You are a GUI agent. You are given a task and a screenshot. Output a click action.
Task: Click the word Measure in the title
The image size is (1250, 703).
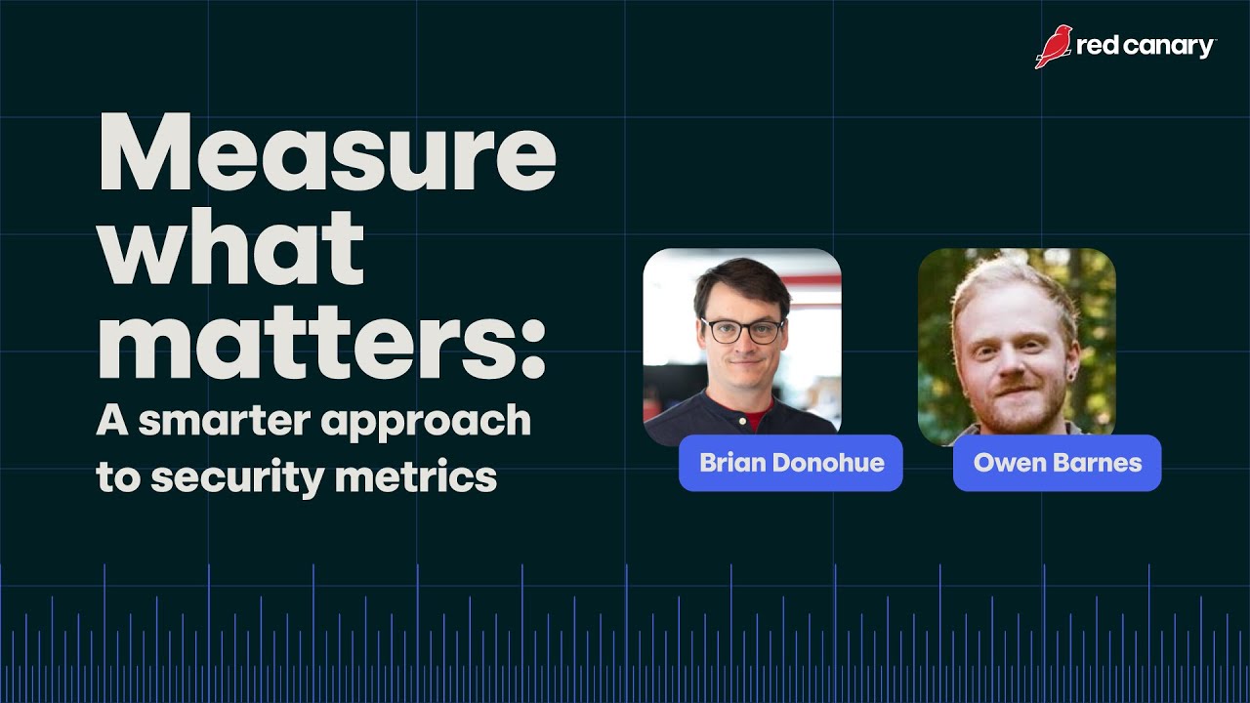tap(326, 156)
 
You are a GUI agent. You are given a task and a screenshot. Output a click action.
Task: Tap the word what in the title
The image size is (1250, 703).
tap(230, 250)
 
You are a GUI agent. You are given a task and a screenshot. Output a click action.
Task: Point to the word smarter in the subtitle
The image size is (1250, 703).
tap(227, 421)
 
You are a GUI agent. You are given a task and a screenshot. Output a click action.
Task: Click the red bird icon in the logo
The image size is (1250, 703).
tap(1054, 47)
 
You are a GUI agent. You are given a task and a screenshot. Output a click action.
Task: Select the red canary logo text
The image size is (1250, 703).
tap(1146, 47)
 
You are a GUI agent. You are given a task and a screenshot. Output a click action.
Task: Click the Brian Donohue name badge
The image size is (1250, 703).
tap(791, 463)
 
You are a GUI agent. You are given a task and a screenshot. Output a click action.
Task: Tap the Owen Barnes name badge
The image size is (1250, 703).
tap(1058, 463)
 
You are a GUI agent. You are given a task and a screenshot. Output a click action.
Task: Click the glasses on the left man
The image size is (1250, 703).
tap(742, 330)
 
